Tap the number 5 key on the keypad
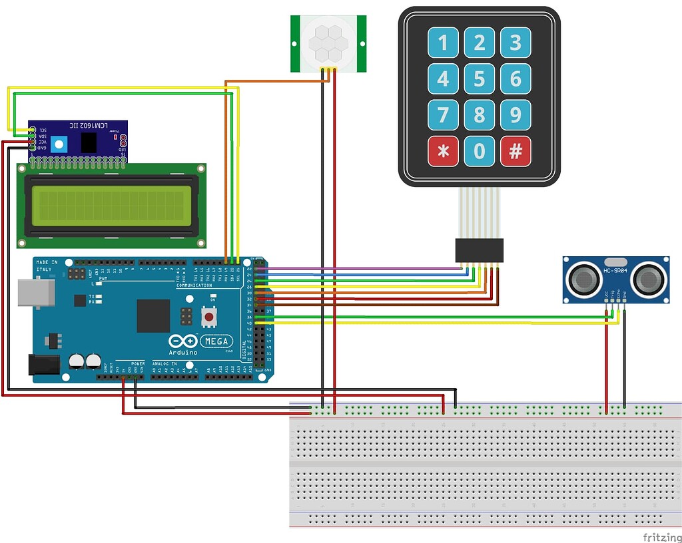(x=480, y=80)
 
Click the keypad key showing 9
(x=515, y=115)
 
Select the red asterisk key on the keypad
(x=443, y=152)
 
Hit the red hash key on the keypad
(x=515, y=152)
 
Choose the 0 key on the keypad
(x=480, y=152)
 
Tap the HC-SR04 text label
(x=616, y=271)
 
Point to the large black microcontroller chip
(x=153, y=315)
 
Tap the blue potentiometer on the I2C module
(x=60, y=143)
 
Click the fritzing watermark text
(x=661, y=536)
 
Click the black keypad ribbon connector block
(x=480, y=250)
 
